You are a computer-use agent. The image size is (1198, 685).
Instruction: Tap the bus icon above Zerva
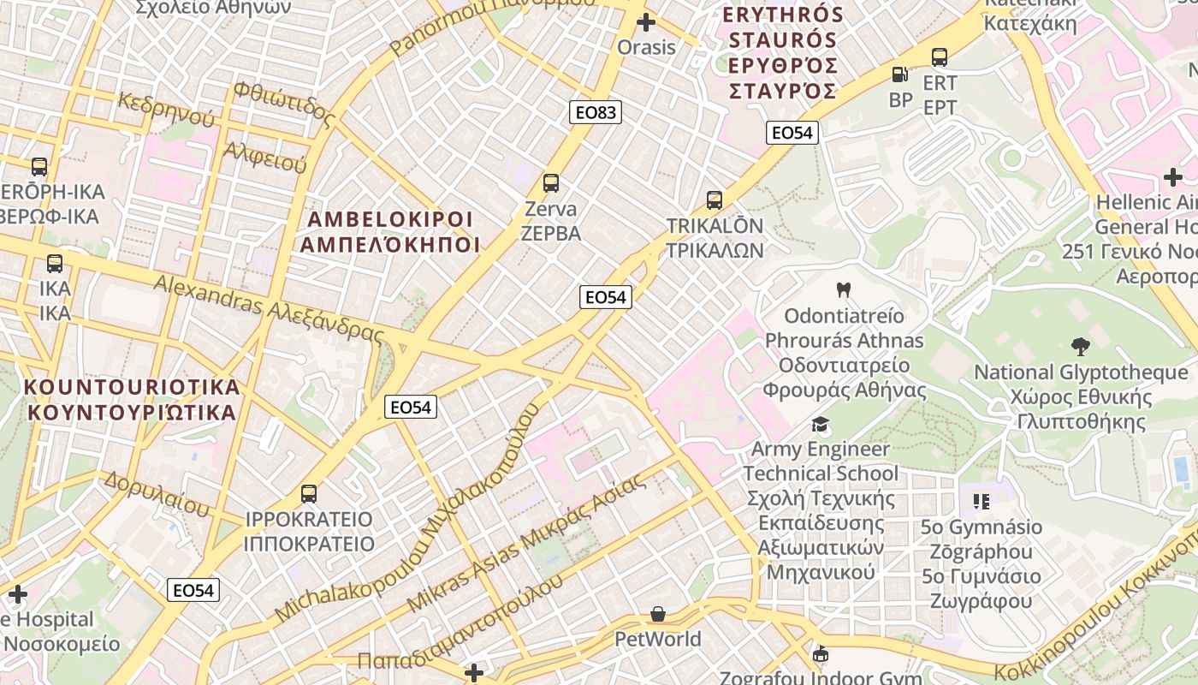pos(551,183)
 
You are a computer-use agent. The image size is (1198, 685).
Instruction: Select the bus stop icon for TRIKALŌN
pos(715,200)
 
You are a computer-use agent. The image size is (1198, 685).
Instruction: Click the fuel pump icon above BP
pos(899,75)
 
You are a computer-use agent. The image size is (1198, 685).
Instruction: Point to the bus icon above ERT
pos(940,57)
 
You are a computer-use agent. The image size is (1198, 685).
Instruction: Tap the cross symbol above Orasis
pos(646,22)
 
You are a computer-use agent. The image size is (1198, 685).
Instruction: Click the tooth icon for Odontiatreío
pos(843,290)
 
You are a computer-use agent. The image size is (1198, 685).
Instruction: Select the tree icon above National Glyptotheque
pos(1081,347)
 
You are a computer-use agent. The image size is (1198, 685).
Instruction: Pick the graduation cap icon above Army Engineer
pos(821,424)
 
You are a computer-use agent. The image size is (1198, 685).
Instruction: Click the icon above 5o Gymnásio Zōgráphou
pos(981,501)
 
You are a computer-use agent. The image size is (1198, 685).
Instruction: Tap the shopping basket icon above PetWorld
pos(658,614)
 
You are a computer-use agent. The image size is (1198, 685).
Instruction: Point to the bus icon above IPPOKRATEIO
pos(309,494)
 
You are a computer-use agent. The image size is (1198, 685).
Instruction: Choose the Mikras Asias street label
pos(525,543)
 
